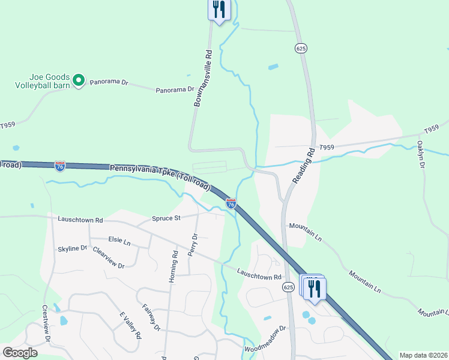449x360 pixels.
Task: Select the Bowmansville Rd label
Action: coord(203,79)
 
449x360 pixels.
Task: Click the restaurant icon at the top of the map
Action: coord(219,10)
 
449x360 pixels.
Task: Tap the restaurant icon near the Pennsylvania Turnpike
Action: coord(314,289)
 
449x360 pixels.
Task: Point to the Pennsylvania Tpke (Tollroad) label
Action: coord(160,178)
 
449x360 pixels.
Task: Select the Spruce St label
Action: coord(166,218)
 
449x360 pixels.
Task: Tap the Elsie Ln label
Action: coord(119,241)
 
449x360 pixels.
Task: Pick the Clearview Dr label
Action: coord(109,259)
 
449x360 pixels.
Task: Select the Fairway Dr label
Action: coord(151,317)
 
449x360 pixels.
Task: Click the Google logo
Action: coord(20,353)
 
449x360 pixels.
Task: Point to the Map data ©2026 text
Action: coord(423,355)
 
